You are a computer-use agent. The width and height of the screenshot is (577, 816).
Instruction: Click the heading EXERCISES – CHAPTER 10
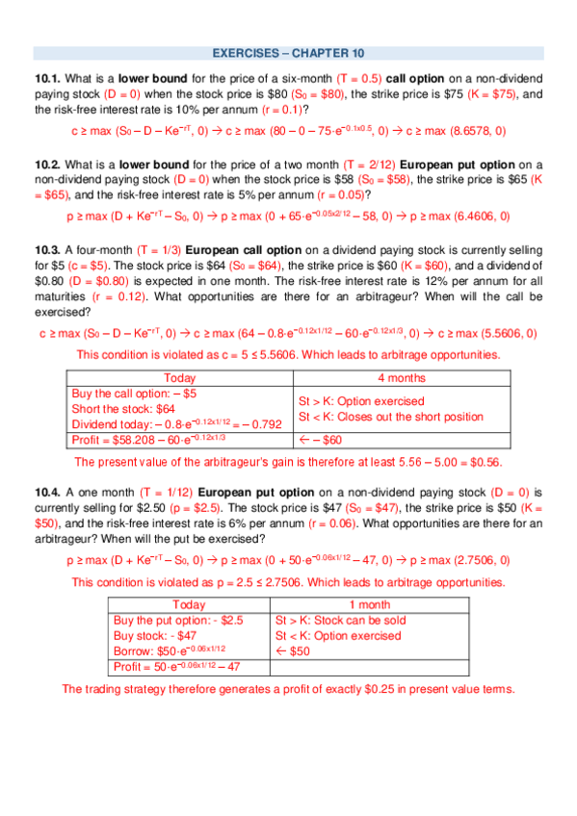[x=288, y=53]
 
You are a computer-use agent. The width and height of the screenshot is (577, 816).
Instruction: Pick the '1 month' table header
[x=354, y=604]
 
